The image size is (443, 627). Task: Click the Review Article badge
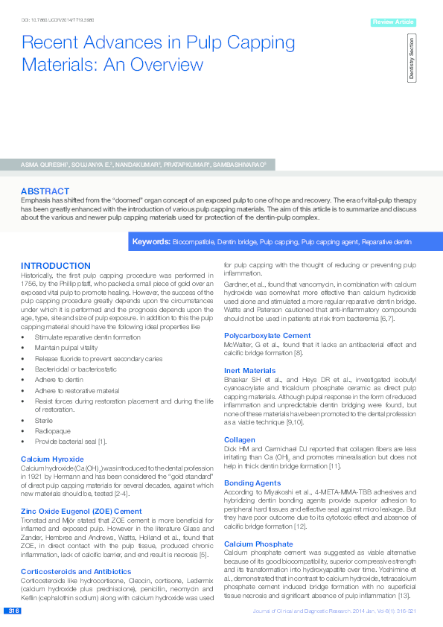point(392,22)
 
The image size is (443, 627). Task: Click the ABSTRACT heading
point(45,191)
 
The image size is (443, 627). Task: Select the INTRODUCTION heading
point(56,266)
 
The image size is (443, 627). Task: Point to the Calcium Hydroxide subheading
point(52,459)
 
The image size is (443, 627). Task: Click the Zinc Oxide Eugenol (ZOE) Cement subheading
point(81,512)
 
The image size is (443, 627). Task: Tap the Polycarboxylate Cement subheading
point(267,335)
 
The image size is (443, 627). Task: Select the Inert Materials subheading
point(250,370)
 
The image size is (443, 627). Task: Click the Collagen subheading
point(240,440)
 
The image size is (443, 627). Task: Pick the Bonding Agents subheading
point(253,483)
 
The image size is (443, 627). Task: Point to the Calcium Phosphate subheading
point(258,544)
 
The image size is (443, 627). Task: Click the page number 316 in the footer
point(13,611)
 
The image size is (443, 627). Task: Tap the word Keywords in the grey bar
point(151,243)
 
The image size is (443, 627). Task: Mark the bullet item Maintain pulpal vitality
point(68,348)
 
